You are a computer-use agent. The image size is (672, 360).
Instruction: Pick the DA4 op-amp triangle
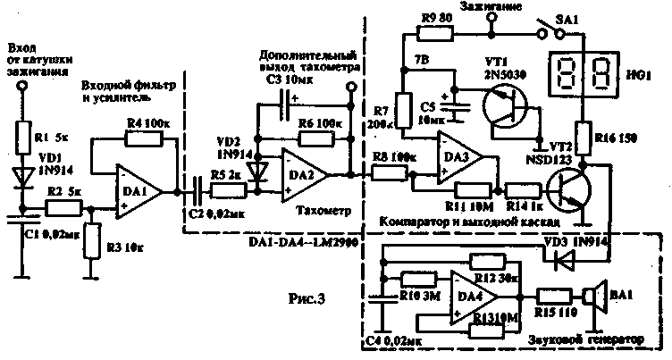[x=471, y=296]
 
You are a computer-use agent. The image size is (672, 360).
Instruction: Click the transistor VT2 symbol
[x=567, y=189]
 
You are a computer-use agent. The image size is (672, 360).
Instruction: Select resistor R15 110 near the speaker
[x=554, y=297]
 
